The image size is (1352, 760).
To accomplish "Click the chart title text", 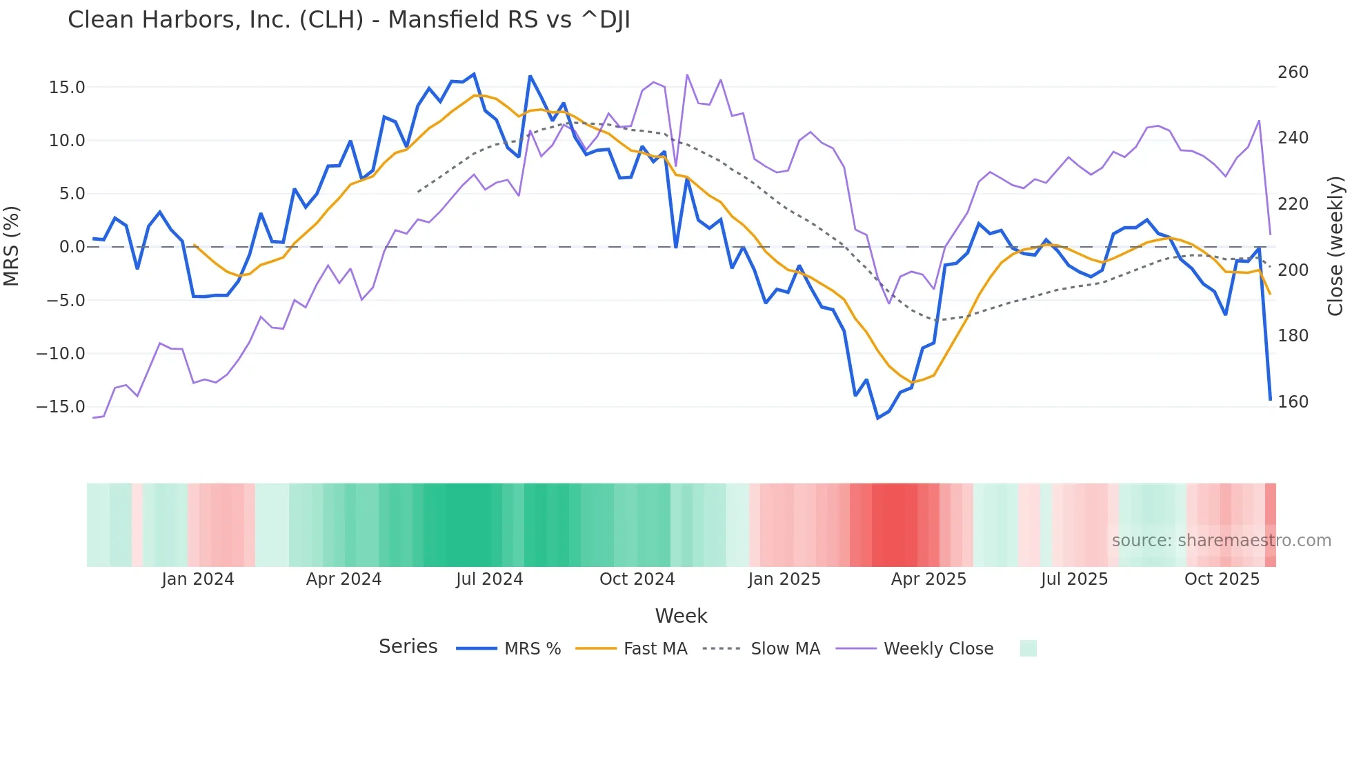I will [x=348, y=20].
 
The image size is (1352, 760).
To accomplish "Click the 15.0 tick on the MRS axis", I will [x=67, y=88].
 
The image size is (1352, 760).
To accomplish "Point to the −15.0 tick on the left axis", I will [x=61, y=407].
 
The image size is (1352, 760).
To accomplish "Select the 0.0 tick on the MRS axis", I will [x=72, y=247].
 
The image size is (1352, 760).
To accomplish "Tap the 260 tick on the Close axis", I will [x=1293, y=72].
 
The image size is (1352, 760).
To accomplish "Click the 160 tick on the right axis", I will [x=1293, y=402].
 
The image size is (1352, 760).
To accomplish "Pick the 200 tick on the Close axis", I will [x=1293, y=270].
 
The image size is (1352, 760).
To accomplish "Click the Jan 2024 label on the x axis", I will [x=198, y=579].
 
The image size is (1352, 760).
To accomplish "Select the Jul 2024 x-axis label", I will [x=490, y=579].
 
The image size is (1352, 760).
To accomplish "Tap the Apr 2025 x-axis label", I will [x=928, y=579].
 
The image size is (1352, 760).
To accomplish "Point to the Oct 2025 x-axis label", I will [x=1222, y=579].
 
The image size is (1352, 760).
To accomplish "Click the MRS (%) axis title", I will [x=12, y=246].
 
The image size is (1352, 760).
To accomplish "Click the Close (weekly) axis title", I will [x=1335, y=246].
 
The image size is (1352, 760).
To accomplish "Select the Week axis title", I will [x=681, y=616].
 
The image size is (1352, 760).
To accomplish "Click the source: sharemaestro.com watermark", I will [x=1221, y=541].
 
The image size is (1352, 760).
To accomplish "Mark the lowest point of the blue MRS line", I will [x=878, y=418].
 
